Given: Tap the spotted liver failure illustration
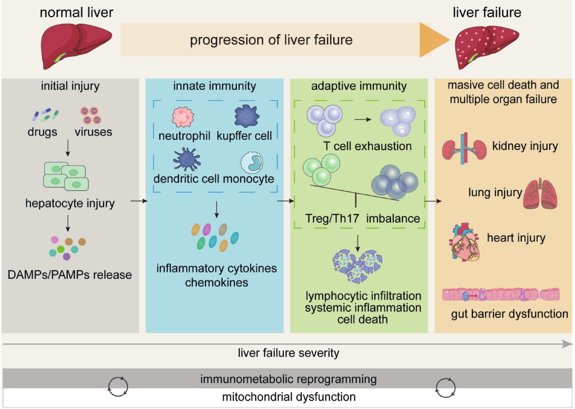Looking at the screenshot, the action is click(486, 47).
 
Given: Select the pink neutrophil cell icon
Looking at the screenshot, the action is click(183, 117).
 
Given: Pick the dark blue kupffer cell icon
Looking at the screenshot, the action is click(246, 116).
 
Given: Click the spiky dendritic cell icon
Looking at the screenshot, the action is click(187, 159).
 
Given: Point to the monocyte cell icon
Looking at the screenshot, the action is click(252, 162).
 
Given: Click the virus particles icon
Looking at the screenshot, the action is click(91, 115).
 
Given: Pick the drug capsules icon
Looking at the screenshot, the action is click(45, 115).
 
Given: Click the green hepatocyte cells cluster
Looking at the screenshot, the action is click(66, 176).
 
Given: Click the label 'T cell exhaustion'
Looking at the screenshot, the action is click(367, 146).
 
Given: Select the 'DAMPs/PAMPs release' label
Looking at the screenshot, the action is click(70, 275).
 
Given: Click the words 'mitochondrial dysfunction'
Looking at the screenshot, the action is click(289, 397).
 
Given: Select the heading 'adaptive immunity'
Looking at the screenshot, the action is click(359, 86).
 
